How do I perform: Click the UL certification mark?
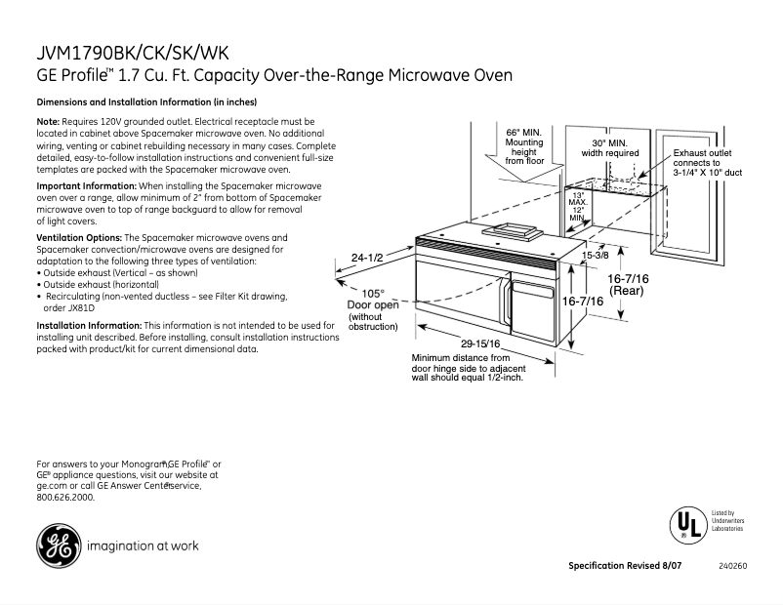686,524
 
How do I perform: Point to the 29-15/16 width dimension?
481,343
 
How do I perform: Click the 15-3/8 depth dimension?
596,256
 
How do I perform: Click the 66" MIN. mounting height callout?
524,145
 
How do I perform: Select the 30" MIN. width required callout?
610,147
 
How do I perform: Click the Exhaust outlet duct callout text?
708,162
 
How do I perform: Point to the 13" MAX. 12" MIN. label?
578,207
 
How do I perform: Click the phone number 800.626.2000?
65,497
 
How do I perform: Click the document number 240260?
732,567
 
